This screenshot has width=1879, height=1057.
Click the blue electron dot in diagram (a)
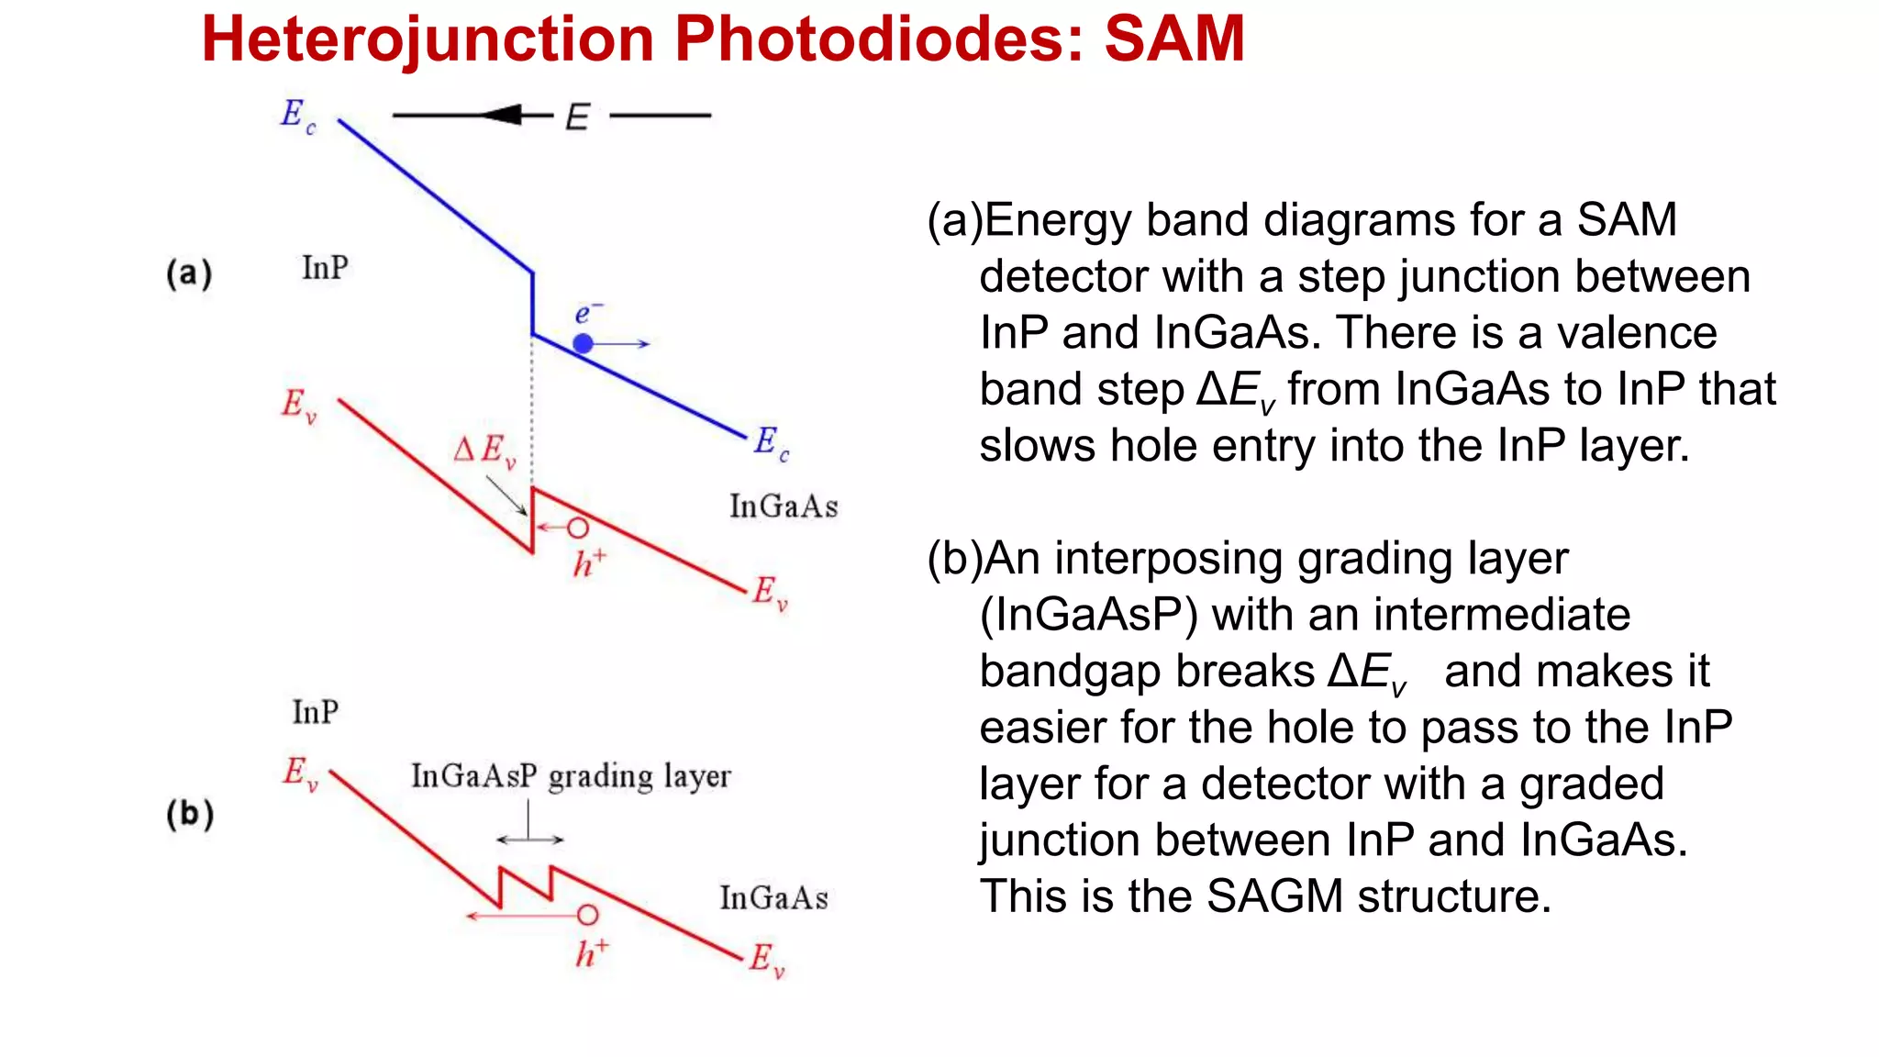(583, 343)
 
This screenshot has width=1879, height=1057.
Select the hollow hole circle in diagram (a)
(577, 528)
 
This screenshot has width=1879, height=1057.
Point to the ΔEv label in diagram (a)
(484, 451)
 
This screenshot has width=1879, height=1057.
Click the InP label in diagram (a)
(325, 268)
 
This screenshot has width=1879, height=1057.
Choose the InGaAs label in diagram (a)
(784, 506)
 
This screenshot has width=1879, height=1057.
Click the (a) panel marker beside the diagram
(189, 273)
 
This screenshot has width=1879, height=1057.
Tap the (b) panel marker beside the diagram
(190, 814)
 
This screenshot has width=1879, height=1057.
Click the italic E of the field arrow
(577, 117)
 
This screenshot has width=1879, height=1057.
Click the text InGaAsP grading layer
(571, 776)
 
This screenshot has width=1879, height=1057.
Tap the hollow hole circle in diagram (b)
(587, 915)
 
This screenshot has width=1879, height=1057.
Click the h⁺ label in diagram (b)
(591, 953)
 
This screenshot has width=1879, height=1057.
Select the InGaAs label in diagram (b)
(773, 898)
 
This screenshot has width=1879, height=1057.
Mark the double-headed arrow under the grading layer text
(529, 839)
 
